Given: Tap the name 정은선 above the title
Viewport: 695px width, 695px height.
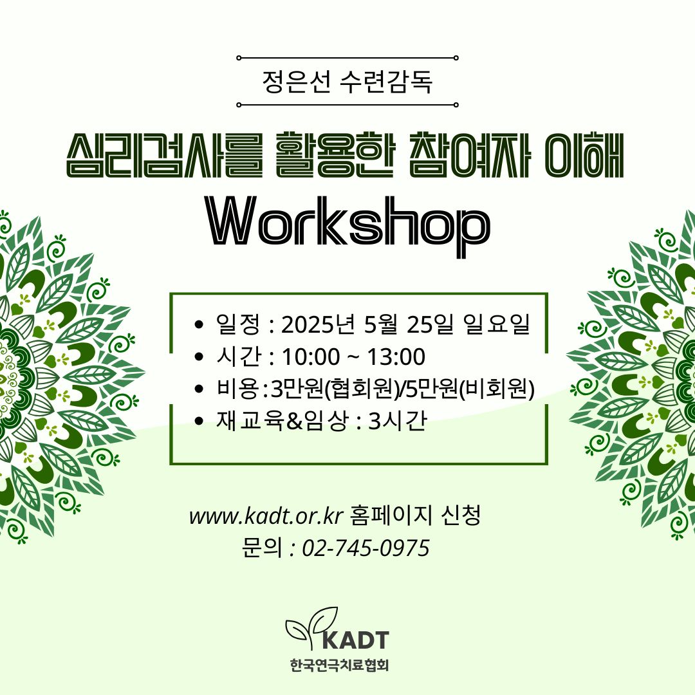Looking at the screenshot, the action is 296,82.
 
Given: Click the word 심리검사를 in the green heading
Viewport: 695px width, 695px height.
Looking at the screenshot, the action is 165,155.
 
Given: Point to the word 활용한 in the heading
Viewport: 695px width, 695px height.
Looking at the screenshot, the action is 335,155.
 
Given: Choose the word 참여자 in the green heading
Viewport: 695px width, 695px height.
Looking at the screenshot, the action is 469,155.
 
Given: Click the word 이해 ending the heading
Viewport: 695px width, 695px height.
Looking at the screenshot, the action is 584,155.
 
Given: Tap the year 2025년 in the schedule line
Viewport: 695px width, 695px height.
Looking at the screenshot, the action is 319,324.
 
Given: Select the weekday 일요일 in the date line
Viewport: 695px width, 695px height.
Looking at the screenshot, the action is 496,324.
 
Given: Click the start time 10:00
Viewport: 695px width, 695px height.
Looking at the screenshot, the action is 311,357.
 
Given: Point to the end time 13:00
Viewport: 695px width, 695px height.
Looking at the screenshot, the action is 396,357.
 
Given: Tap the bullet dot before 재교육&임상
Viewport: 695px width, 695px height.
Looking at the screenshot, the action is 199,421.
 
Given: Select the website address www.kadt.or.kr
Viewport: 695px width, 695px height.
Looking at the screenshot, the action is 266,516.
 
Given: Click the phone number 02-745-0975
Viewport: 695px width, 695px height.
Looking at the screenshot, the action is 366,548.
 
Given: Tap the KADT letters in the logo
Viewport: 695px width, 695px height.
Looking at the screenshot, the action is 355,640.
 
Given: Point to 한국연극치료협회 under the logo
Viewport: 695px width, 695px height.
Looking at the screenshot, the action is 340,665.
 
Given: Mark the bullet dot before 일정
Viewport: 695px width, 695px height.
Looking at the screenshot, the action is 199,324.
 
